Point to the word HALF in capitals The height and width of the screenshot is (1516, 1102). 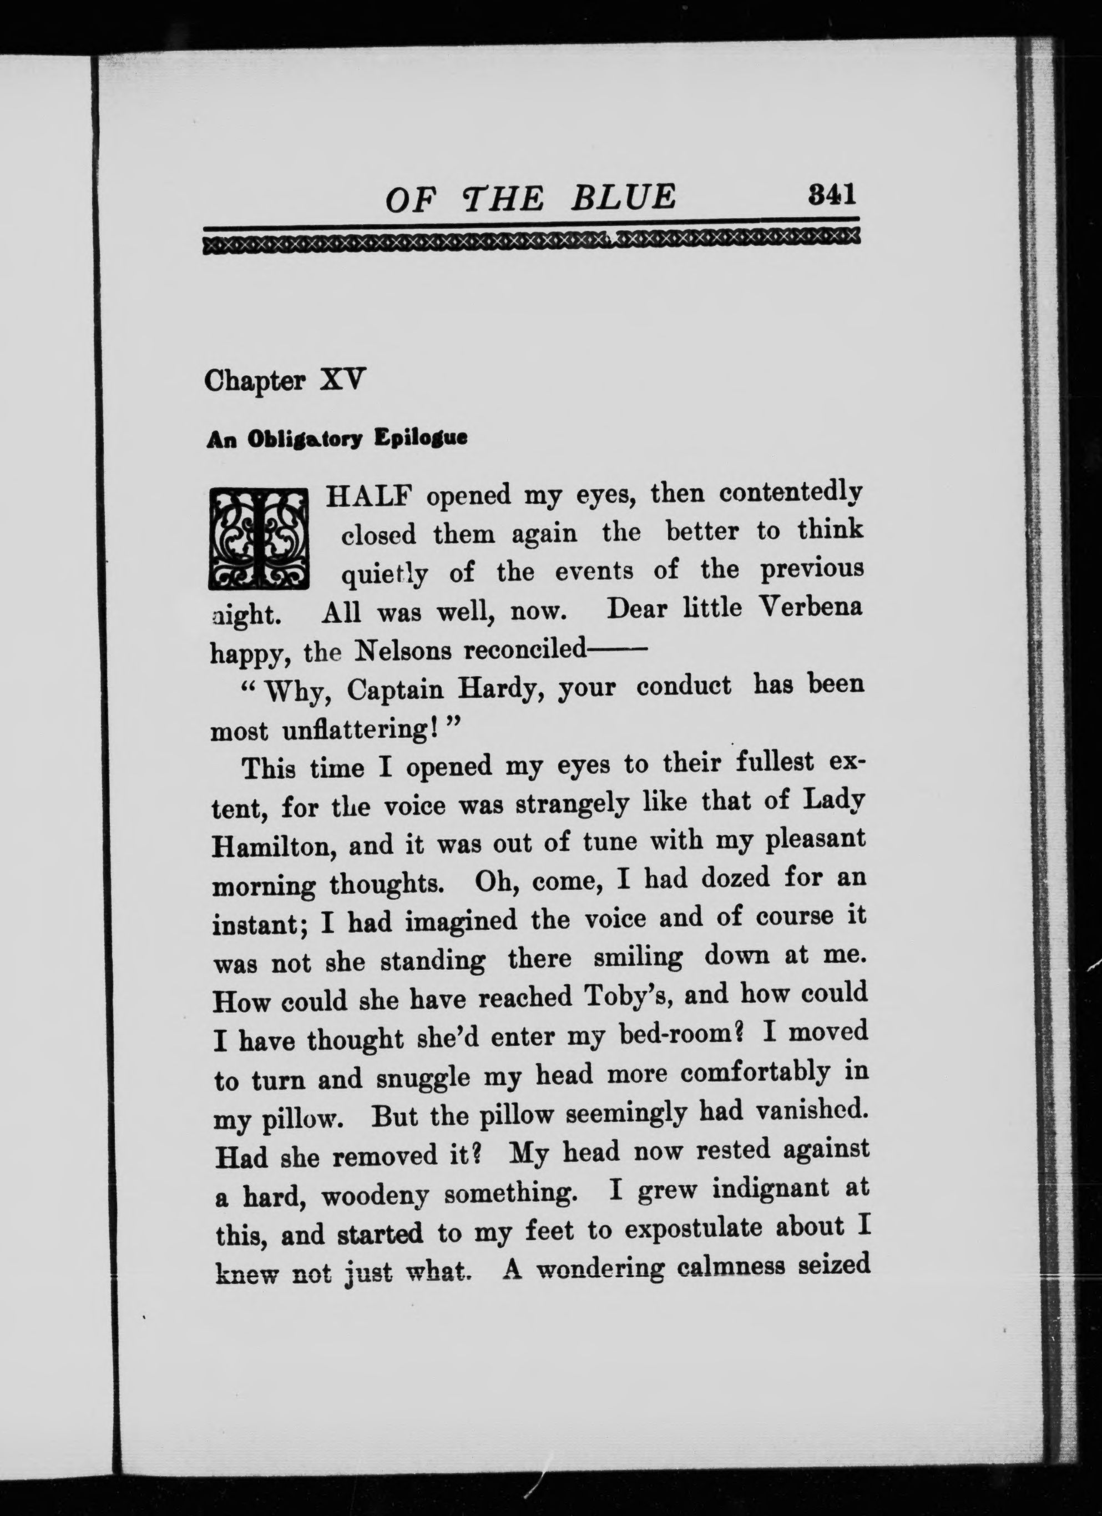(369, 495)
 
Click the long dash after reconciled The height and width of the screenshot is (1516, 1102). (616, 649)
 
